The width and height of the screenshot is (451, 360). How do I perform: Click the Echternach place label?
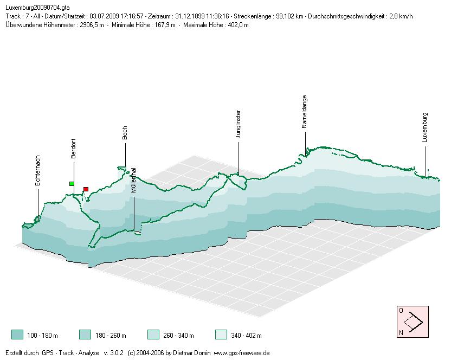38,171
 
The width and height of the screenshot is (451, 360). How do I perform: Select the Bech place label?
125,133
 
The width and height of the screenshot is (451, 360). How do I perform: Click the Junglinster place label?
239,125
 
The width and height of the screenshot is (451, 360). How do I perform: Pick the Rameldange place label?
305,112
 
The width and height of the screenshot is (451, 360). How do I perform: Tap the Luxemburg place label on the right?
426,127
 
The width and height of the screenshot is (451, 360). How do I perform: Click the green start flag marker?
72,184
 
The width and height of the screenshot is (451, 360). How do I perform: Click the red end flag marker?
86,189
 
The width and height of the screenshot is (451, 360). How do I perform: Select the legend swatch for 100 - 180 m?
17,335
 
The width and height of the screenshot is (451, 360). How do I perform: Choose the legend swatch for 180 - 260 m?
85,335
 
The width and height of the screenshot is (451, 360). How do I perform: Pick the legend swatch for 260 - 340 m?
153,335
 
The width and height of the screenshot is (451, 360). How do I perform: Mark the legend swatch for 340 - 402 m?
221,335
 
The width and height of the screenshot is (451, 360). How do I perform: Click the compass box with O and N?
413,322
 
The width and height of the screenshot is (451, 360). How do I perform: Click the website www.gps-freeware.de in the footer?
242,353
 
